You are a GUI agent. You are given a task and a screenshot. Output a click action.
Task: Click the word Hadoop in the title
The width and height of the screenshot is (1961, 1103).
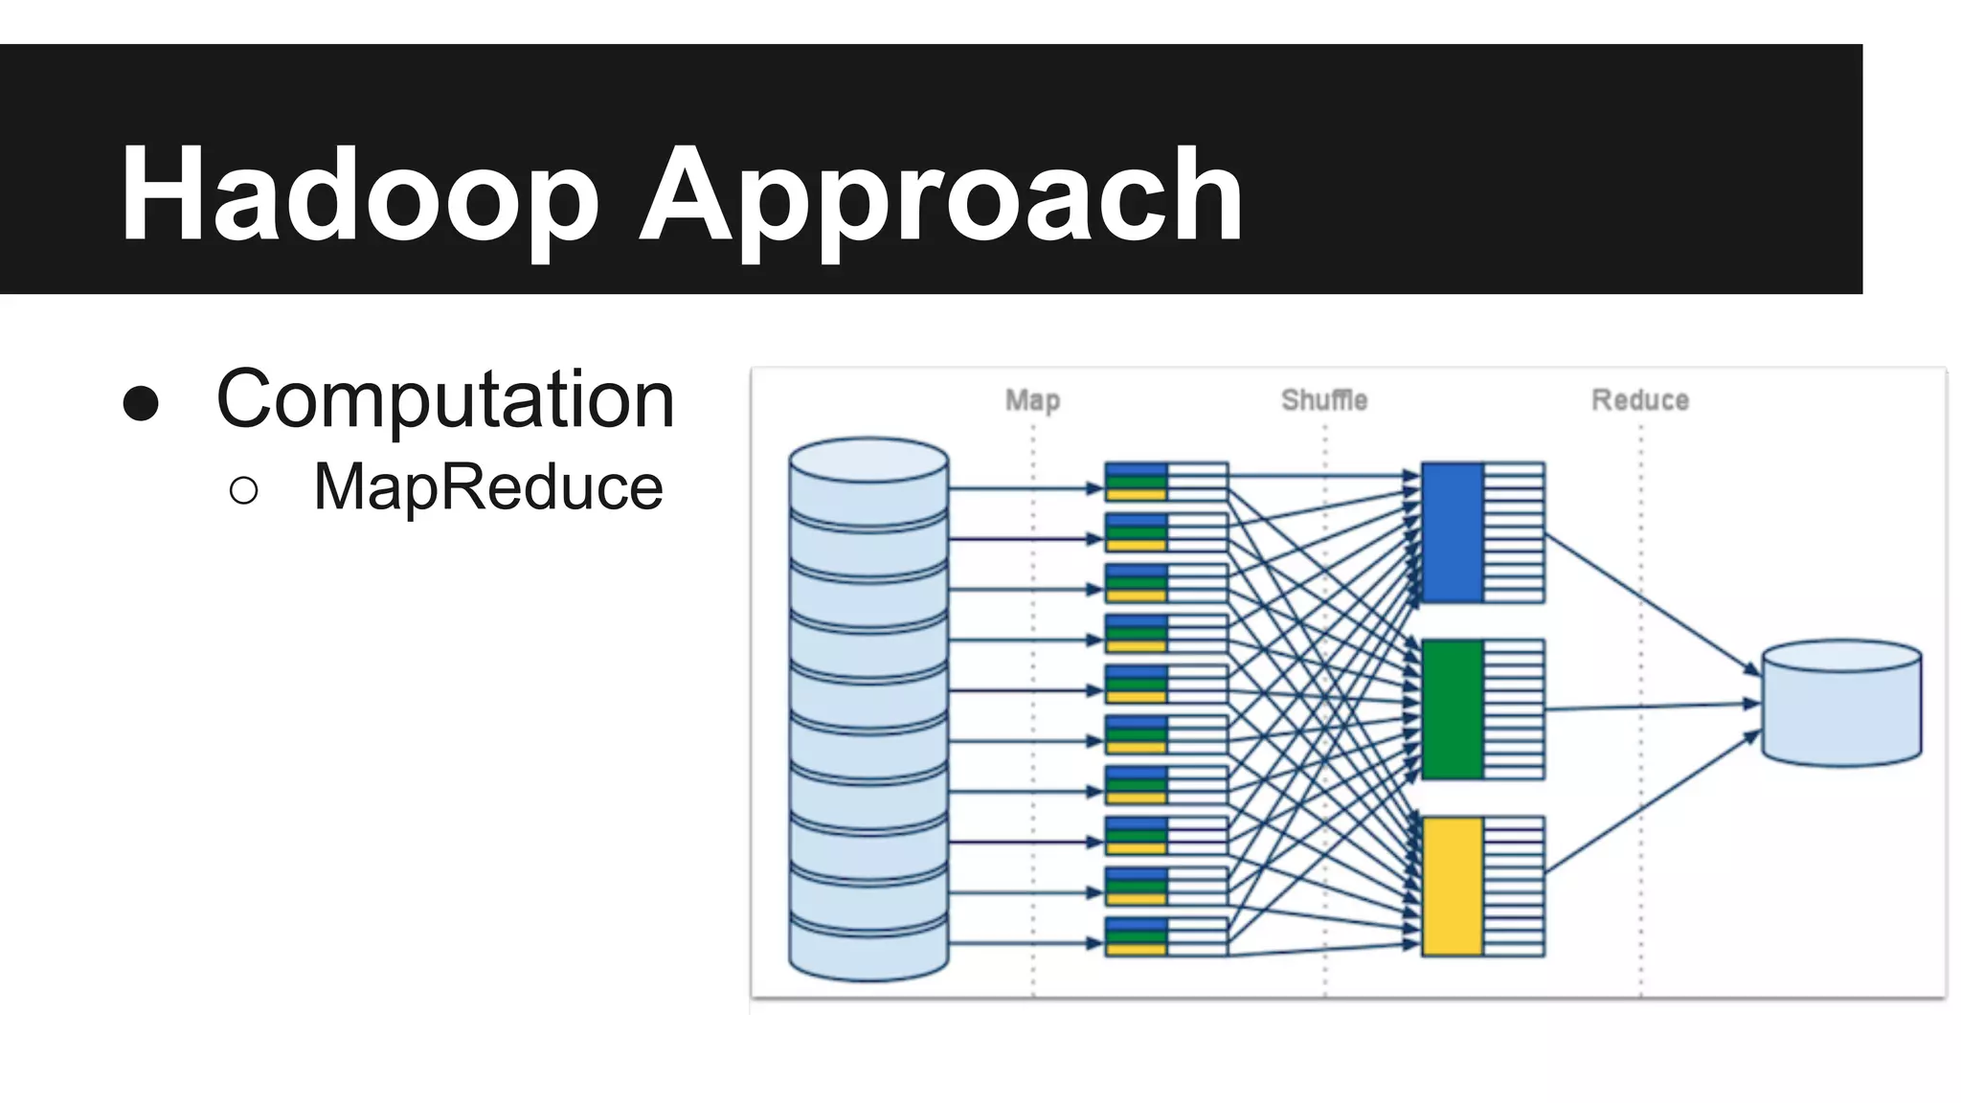click(x=359, y=194)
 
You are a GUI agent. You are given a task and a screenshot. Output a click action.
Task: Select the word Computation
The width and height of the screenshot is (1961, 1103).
click(x=446, y=399)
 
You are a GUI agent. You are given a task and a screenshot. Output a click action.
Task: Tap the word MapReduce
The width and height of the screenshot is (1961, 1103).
click(x=487, y=487)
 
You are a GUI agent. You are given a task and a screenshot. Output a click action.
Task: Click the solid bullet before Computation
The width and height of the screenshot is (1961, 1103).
click(x=141, y=403)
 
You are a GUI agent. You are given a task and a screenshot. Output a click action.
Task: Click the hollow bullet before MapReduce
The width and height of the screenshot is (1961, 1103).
click(x=244, y=490)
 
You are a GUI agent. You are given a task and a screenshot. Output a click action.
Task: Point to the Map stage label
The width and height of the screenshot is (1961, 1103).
click(x=1032, y=400)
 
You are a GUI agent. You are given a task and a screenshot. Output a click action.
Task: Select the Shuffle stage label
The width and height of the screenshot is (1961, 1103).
click(x=1324, y=400)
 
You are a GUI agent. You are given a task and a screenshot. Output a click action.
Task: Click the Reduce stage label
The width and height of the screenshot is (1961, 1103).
click(x=1640, y=400)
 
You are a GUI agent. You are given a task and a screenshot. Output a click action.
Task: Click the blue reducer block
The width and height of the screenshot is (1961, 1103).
click(x=1453, y=532)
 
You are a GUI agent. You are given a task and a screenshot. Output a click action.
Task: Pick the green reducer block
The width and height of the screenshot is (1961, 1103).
click(x=1453, y=709)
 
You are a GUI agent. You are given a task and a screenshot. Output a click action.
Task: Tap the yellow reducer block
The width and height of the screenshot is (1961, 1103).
click(x=1453, y=887)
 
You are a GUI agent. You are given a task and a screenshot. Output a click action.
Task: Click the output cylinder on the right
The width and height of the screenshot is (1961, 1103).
click(x=1841, y=704)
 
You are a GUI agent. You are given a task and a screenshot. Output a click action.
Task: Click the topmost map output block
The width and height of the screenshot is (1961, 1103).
click(x=1165, y=482)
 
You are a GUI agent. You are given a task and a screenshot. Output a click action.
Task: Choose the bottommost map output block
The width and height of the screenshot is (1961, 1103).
click(x=1165, y=936)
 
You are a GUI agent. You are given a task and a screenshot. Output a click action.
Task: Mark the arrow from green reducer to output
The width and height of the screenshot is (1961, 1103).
click(x=1652, y=707)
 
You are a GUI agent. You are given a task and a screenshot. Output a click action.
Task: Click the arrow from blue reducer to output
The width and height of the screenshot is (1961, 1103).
click(x=1652, y=603)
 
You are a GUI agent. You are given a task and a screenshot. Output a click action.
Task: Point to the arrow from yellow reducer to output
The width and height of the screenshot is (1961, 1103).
click(x=1652, y=803)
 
